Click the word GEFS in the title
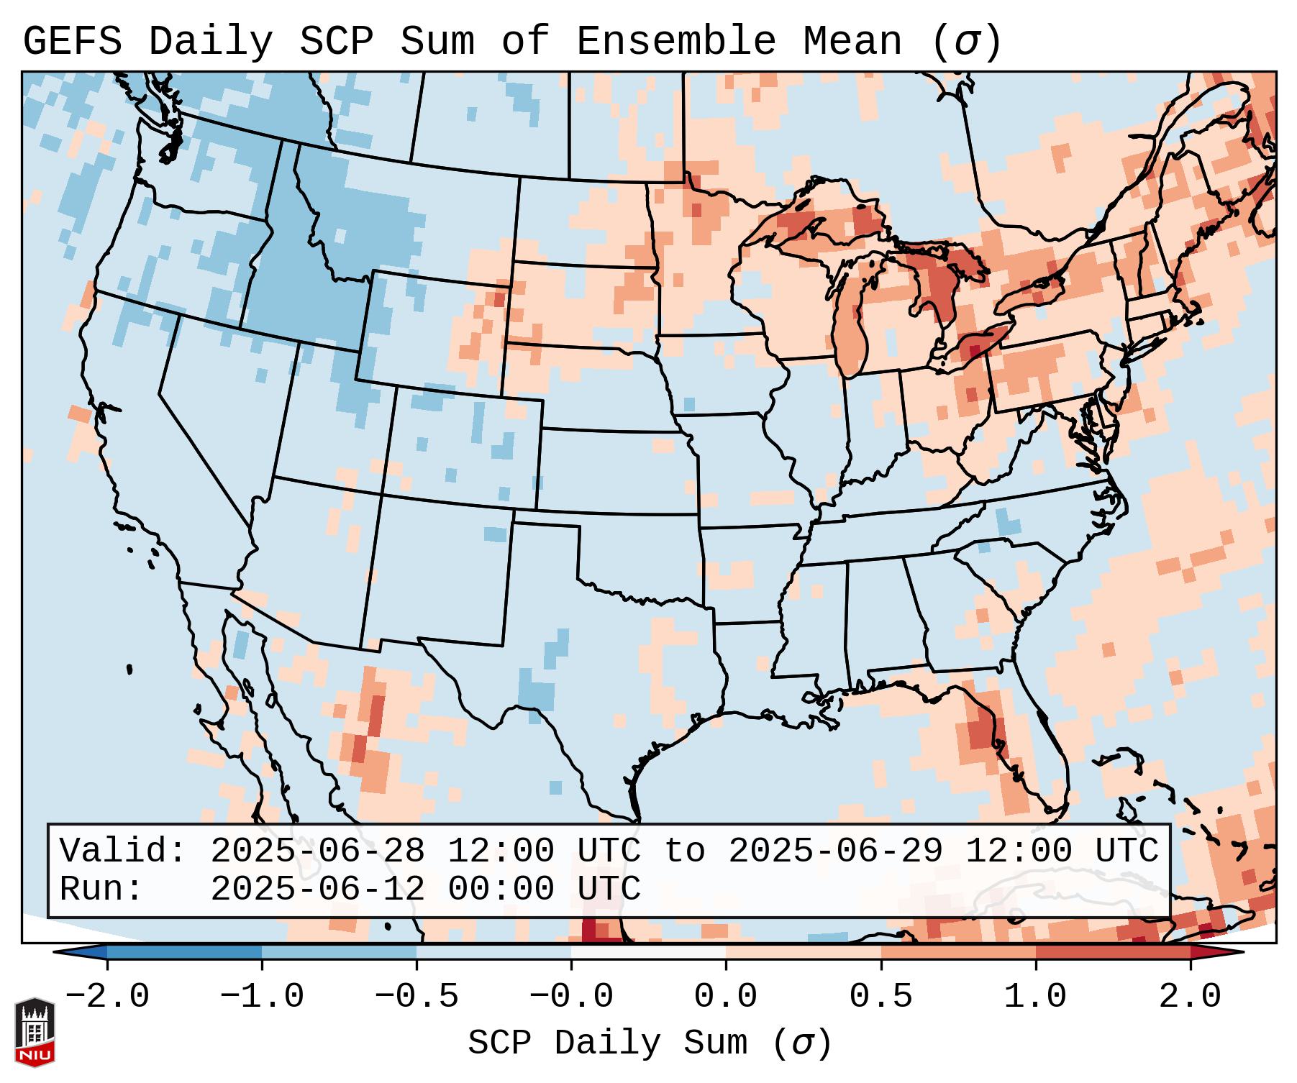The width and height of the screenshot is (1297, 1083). click(x=72, y=42)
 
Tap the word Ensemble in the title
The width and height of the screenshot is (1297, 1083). click(x=675, y=42)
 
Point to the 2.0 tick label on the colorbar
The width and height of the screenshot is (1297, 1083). click(x=1190, y=997)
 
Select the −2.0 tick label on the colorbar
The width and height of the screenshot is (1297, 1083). click(x=107, y=997)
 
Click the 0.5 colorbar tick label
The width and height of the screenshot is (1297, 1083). click(x=880, y=997)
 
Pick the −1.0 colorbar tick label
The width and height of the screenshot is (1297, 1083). click(x=262, y=997)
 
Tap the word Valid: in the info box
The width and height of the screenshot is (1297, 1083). click(x=122, y=851)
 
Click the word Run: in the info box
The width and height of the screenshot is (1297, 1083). click(x=101, y=889)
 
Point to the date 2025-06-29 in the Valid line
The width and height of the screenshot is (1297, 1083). click(x=835, y=851)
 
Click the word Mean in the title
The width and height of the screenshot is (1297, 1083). click(x=852, y=42)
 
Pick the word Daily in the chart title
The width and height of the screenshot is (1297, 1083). click(x=211, y=42)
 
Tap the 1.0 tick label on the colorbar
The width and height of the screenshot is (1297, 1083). click(x=1035, y=997)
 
